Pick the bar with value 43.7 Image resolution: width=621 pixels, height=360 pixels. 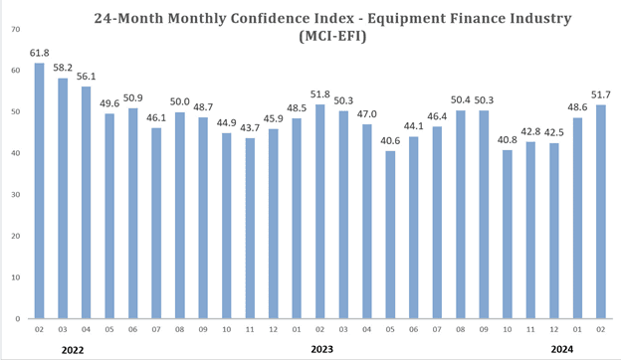pos(250,228)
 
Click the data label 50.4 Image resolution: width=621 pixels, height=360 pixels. pos(460,99)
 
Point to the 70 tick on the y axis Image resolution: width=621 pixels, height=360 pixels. pos(15,29)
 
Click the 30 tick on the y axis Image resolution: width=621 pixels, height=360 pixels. pos(15,194)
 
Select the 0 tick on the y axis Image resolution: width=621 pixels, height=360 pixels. pos(17,318)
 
